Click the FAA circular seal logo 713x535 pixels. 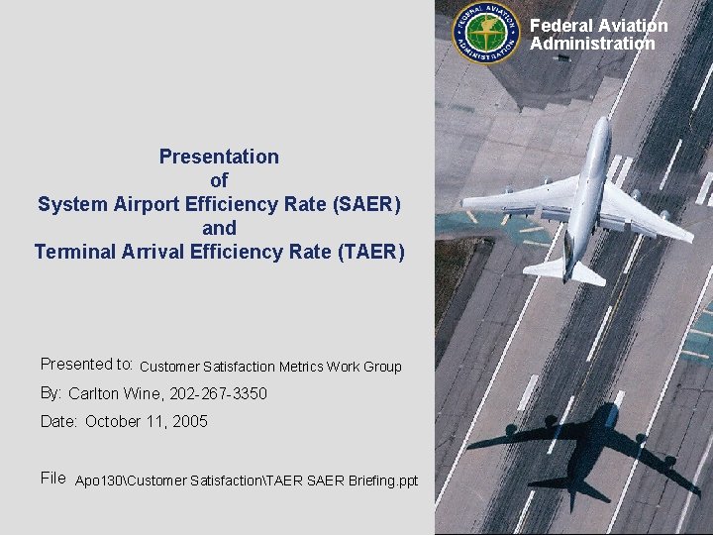pos(485,34)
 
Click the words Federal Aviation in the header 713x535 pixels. pos(598,26)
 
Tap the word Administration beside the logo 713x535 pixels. pos(591,44)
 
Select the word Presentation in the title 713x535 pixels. pos(219,157)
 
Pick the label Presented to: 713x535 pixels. pos(87,365)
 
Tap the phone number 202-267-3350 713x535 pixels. pos(218,393)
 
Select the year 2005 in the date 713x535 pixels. pos(189,421)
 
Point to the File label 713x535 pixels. pos(53,479)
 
